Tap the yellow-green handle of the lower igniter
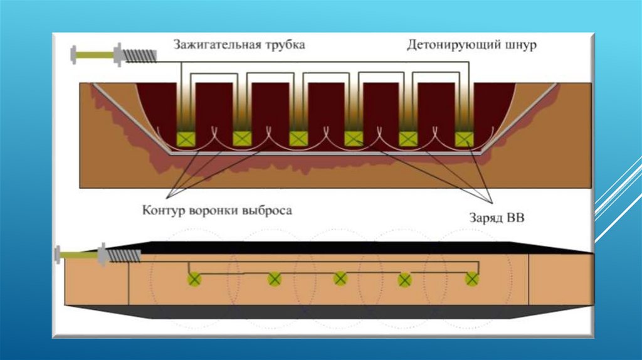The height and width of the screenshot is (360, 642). pyautogui.click(x=78, y=255)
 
